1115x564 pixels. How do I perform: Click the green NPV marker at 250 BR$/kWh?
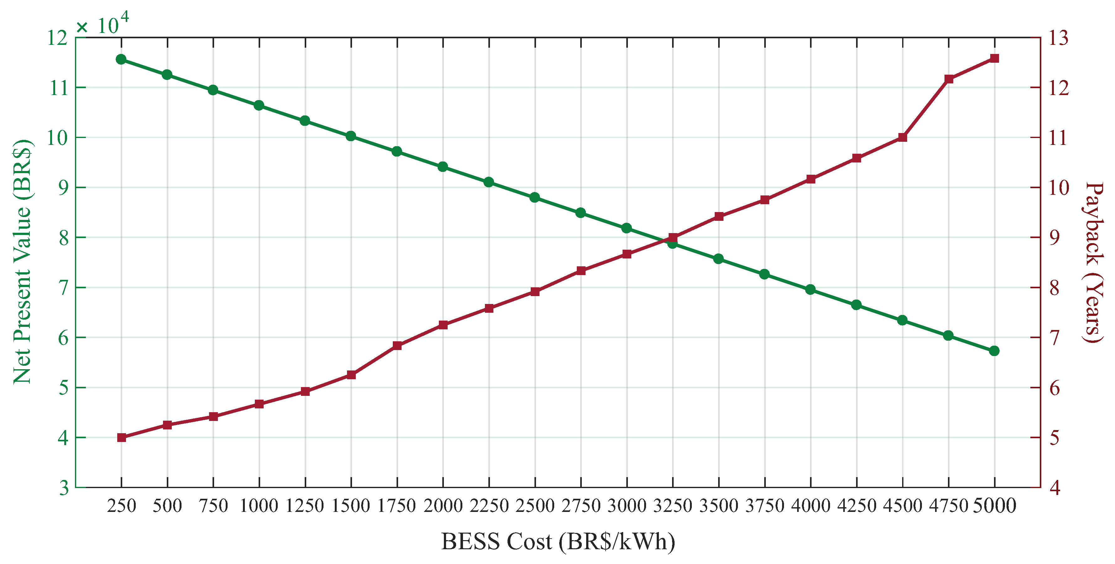pyautogui.click(x=121, y=59)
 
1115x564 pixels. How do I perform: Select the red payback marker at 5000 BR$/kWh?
pyautogui.click(x=994, y=58)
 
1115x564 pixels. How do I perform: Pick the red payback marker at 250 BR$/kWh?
pyautogui.click(x=122, y=438)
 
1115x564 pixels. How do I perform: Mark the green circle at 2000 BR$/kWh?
pyautogui.click(x=443, y=167)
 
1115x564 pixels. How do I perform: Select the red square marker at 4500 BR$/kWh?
pyautogui.click(x=902, y=137)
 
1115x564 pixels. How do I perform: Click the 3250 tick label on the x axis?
pyautogui.click(x=673, y=506)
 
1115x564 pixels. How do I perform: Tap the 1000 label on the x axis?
pyautogui.click(x=259, y=506)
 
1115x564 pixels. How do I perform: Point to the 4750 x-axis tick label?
pyautogui.click(x=948, y=506)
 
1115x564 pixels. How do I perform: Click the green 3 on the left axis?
pyautogui.click(x=64, y=488)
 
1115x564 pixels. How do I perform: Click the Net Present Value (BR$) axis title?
pyautogui.click(x=23, y=262)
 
